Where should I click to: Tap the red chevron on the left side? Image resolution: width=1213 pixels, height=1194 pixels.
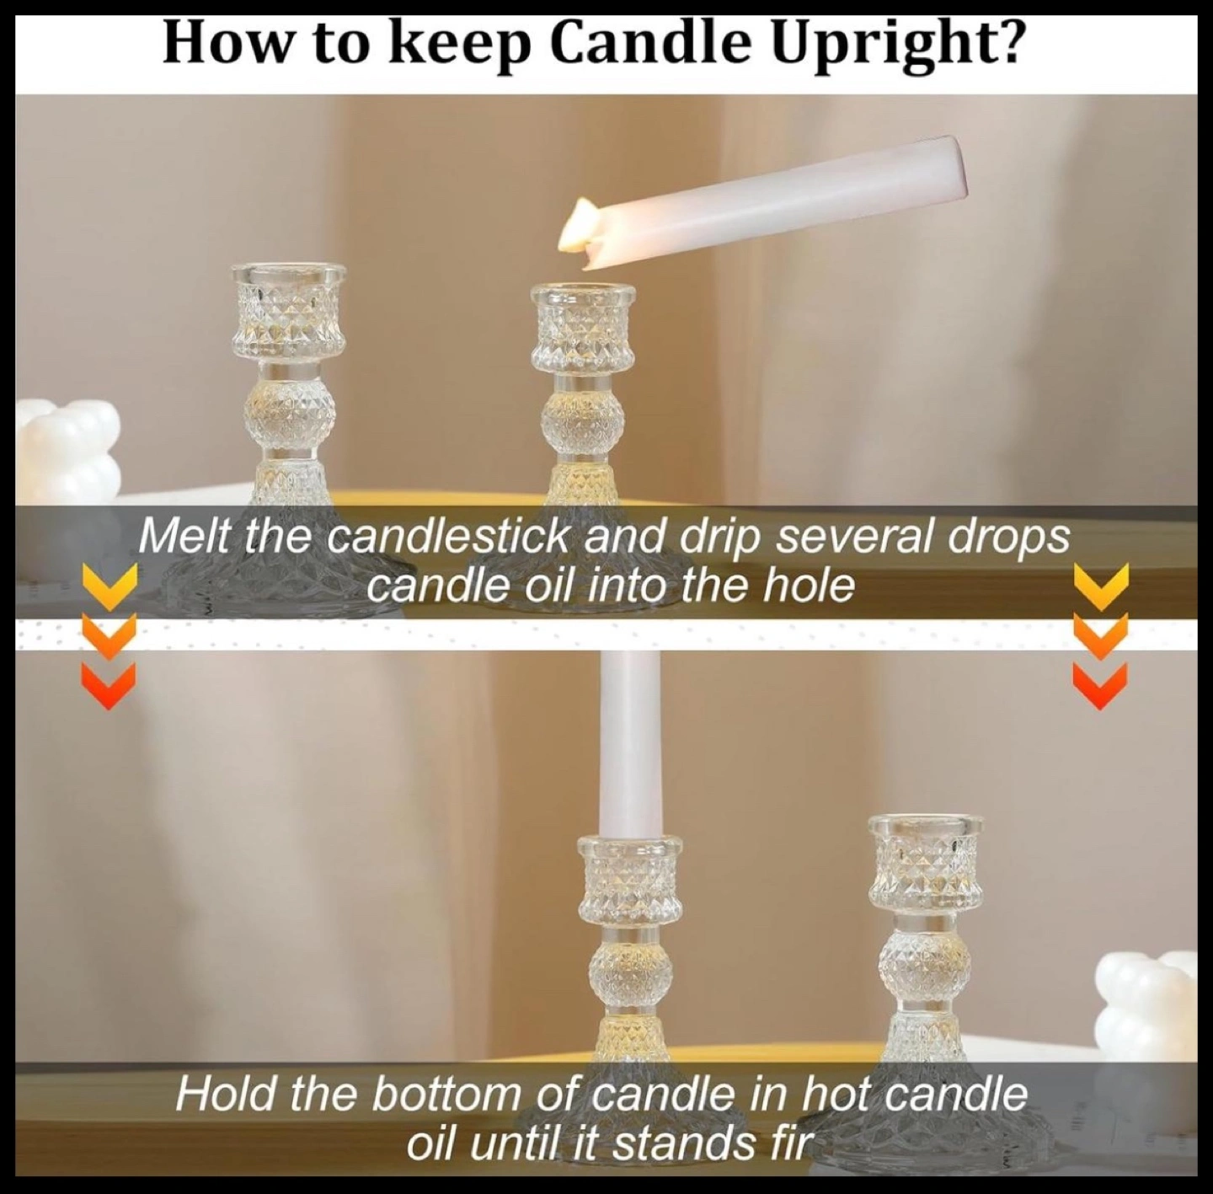[109, 686]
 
